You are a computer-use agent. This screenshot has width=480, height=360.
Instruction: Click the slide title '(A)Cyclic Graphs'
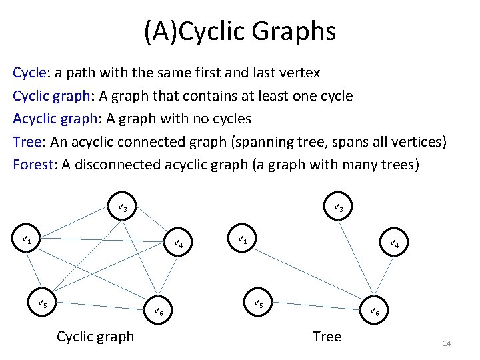click(x=240, y=31)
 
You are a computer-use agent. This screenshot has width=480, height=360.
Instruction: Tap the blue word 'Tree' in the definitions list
click(x=26, y=141)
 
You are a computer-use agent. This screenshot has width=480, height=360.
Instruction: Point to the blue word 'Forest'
click(x=32, y=165)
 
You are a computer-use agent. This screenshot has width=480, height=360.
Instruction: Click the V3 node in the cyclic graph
click(x=123, y=207)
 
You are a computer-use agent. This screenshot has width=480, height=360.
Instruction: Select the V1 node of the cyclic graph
click(x=27, y=238)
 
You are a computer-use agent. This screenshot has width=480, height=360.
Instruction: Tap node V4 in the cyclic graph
click(x=179, y=243)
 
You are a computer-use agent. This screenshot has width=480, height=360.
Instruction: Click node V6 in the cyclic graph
click(x=158, y=309)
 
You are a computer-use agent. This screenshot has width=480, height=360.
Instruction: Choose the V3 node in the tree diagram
click(x=339, y=207)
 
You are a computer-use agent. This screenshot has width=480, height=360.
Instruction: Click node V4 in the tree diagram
click(x=394, y=243)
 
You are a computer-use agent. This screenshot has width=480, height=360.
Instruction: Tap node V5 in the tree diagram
click(x=257, y=302)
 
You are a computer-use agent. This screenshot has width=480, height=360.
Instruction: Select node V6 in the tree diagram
click(x=375, y=311)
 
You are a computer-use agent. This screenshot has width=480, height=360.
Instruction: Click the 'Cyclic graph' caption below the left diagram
click(x=95, y=337)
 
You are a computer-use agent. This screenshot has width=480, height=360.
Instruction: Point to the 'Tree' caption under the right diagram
click(x=327, y=337)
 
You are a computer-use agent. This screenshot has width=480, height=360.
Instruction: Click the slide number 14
click(x=447, y=343)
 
